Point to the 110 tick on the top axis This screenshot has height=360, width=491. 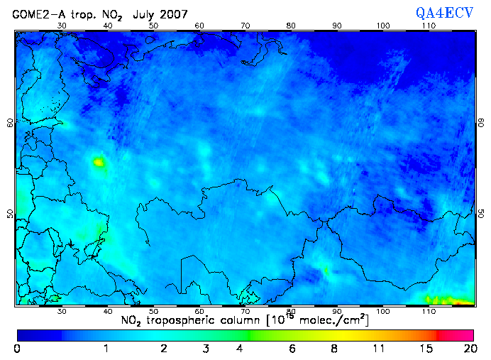(x=429, y=26)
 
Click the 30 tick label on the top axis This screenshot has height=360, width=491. (x=62, y=26)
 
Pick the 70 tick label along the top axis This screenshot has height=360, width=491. (x=245, y=26)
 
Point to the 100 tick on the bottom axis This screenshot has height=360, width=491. (x=383, y=311)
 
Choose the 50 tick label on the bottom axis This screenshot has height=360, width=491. (x=153, y=311)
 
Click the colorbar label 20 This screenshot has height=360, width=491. (x=468, y=349)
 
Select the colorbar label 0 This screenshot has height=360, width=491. (x=17, y=349)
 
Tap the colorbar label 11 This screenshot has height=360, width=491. (x=380, y=349)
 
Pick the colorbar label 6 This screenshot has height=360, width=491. (x=292, y=349)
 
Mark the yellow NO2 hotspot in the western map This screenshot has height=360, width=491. (x=98, y=163)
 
